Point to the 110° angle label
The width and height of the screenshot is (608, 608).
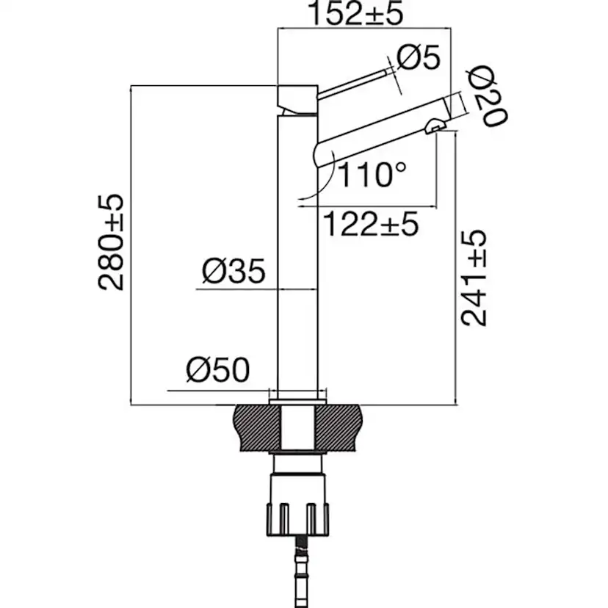pos(372,175)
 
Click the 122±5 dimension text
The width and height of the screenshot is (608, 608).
pos(371,222)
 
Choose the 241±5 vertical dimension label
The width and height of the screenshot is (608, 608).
pos(475,277)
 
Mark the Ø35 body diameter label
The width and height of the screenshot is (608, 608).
pos(233,272)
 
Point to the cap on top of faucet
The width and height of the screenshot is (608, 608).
pos(297,98)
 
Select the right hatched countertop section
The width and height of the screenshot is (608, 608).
pos(341,427)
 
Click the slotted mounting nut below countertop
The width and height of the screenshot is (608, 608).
pos(297,507)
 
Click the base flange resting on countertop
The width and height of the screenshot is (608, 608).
pos(297,399)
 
